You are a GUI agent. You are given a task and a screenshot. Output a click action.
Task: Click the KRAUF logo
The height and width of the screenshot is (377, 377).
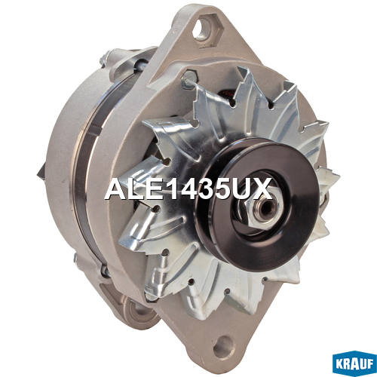pos(354,363)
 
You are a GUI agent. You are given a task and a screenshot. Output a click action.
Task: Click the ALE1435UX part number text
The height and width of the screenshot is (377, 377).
pos(188,188)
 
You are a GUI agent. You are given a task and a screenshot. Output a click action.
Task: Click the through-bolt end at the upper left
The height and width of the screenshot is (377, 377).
pos(104,60)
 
